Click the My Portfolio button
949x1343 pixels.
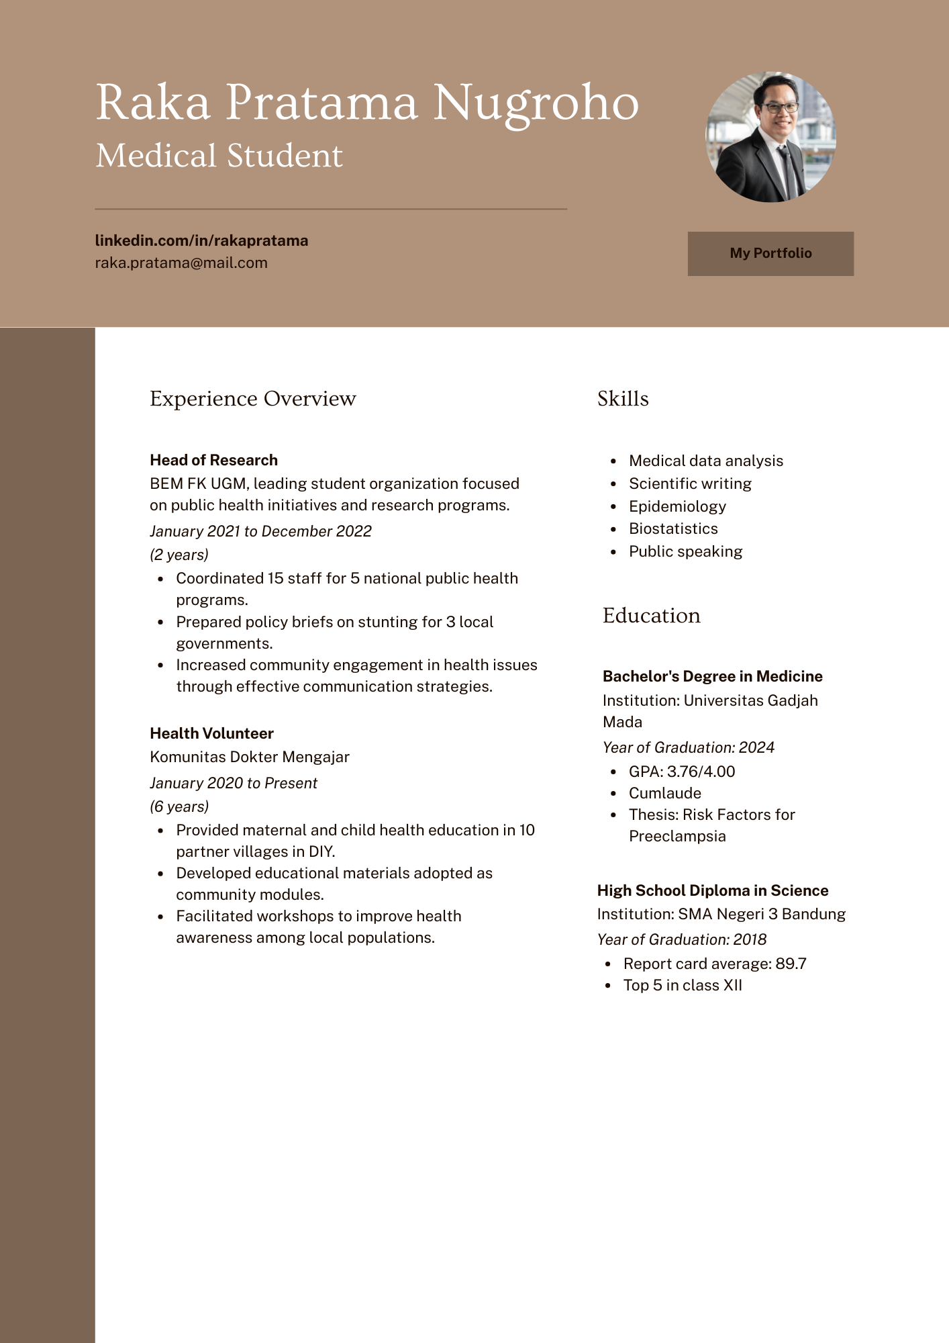770,254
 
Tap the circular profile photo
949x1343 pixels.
770,137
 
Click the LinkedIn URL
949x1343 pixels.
201,240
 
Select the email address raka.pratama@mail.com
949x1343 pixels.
181,263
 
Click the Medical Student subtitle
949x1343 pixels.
219,156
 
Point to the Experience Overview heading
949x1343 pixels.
252,398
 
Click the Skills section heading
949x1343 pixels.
623,398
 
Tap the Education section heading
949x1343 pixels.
651,615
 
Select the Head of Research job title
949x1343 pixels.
213,460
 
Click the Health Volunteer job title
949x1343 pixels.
211,733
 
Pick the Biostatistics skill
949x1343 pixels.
673,528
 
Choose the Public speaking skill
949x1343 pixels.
685,551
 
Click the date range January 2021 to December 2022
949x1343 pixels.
260,531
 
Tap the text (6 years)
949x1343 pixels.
179,806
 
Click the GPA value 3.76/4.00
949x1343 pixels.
701,772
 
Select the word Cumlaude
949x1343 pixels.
664,793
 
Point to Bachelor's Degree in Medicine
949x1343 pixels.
712,676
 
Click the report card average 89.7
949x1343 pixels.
791,964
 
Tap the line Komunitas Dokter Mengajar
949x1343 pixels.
250,757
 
